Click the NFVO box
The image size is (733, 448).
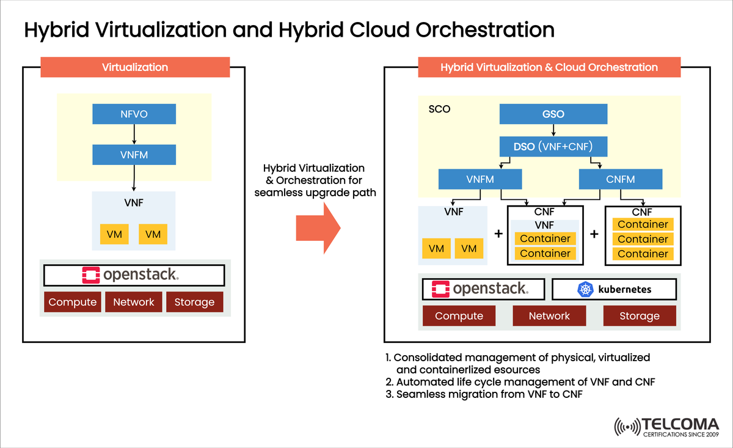134,114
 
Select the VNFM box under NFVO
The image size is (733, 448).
134,155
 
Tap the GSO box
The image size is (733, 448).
553,114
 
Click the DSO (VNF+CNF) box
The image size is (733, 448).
553,146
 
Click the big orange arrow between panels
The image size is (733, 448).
318,228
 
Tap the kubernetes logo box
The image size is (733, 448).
614,289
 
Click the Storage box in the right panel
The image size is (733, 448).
640,316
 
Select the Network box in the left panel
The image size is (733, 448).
134,302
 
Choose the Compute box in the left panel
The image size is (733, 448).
73,302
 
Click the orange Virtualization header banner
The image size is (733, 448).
135,67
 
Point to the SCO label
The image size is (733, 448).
439,111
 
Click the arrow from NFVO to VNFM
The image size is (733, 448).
134,134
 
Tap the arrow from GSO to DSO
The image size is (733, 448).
553,130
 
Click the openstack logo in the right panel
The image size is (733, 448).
480,289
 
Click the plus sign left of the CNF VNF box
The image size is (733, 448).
498,234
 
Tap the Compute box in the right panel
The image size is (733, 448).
459,316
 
